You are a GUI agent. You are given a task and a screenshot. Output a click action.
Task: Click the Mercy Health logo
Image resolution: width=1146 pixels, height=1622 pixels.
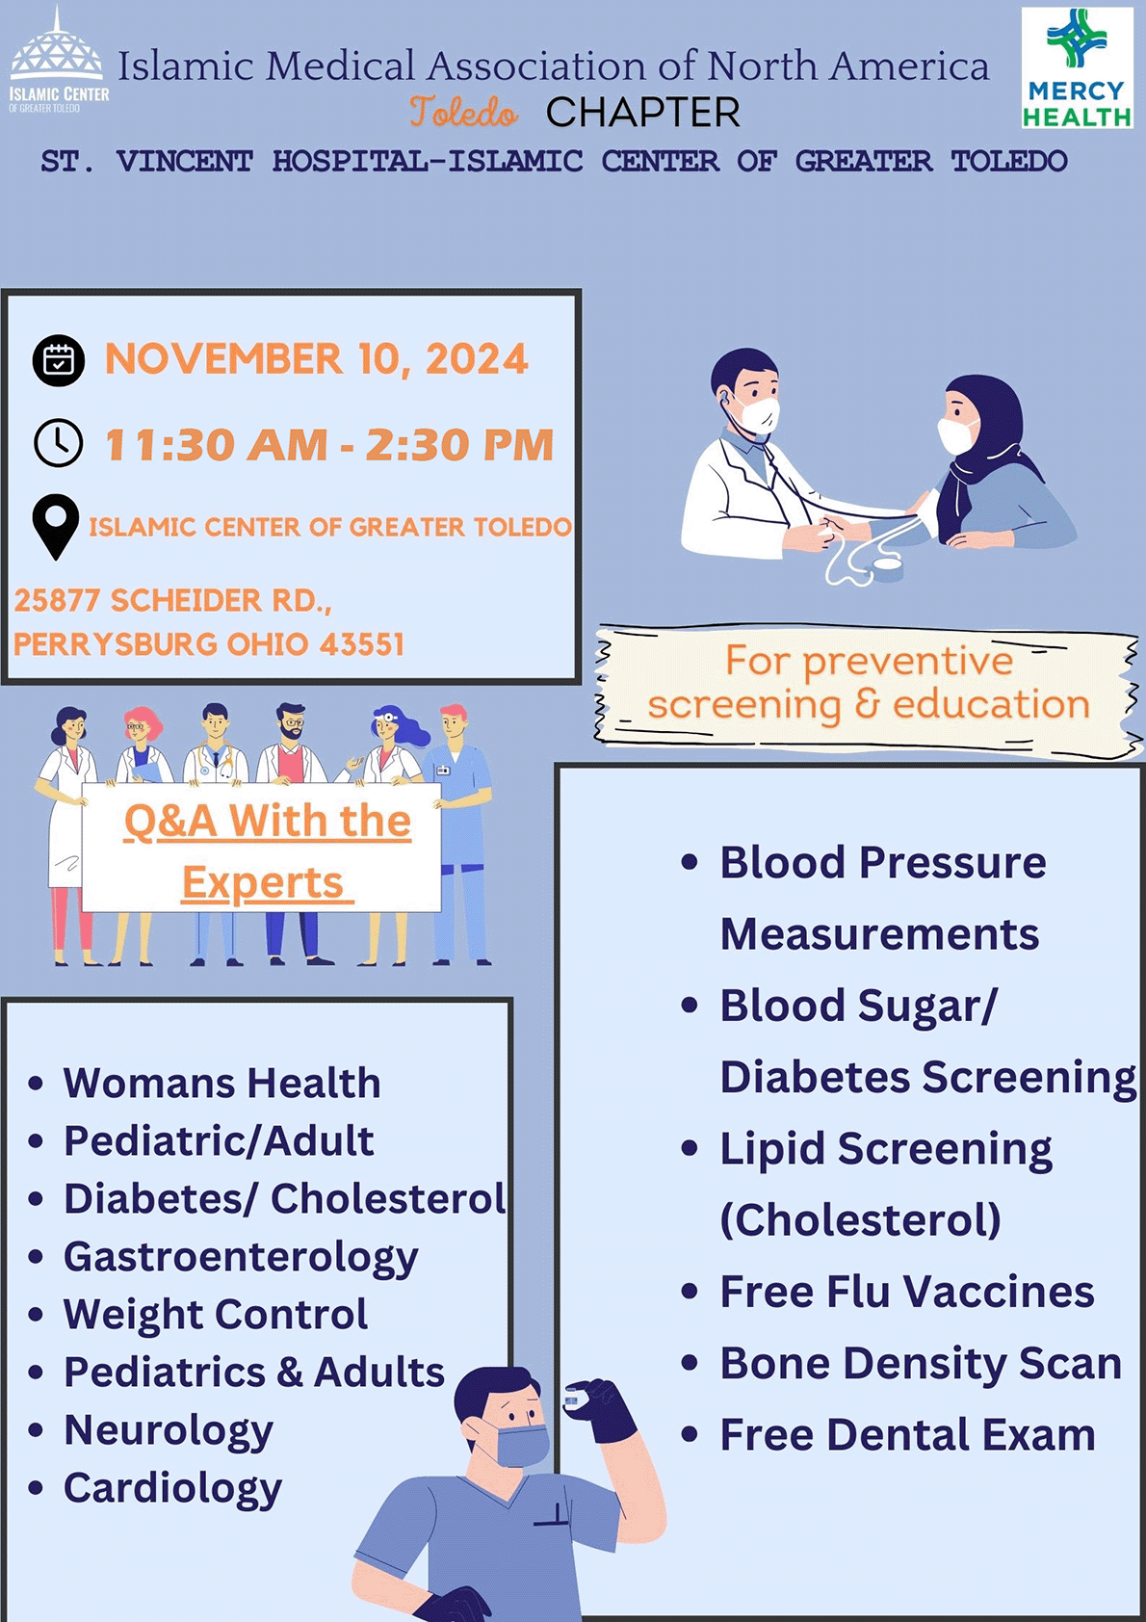click(x=1077, y=68)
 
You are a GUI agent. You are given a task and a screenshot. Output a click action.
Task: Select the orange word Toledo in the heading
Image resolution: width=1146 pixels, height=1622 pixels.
click(x=463, y=112)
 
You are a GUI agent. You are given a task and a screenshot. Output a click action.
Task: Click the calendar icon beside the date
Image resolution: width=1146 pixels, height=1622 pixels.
click(x=59, y=360)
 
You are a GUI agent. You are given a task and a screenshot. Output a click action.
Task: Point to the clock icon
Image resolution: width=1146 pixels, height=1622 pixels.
click(x=59, y=442)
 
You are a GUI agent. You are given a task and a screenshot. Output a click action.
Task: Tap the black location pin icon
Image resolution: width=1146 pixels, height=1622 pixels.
click(x=56, y=527)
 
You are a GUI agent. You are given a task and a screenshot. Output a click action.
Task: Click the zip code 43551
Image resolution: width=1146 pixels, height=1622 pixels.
click(x=361, y=643)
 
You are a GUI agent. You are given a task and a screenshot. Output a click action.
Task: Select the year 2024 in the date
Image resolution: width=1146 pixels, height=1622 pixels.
click(x=477, y=359)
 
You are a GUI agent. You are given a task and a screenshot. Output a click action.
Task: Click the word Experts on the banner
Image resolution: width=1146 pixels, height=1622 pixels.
click(x=263, y=883)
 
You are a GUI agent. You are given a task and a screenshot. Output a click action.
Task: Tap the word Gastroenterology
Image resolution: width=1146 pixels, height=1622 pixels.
click(x=241, y=1257)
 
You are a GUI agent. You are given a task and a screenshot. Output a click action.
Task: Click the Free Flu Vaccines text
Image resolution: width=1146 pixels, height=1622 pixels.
click(x=906, y=1291)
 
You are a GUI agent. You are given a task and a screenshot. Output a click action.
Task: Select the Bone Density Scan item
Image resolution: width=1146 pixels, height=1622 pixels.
click(x=920, y=1363)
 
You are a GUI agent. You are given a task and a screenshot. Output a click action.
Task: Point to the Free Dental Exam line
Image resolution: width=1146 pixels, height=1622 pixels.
click(x=907, y=1434)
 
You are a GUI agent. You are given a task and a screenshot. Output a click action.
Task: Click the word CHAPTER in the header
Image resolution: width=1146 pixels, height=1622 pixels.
click(x=643, y=113)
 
